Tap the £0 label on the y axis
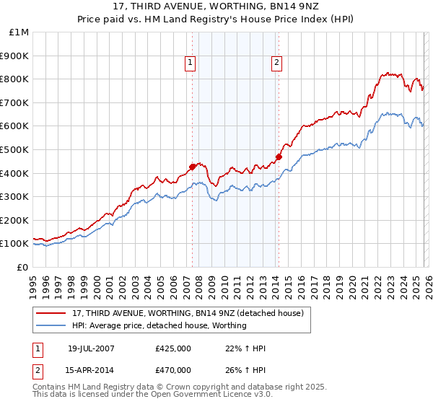click(24, 267)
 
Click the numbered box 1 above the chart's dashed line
click(190, 63)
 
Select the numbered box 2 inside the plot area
click(276, 63)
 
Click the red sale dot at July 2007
click(193, 167)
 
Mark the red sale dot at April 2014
click(279, 156)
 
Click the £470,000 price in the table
click(173, 369)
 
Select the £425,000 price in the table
click(173, 348)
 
